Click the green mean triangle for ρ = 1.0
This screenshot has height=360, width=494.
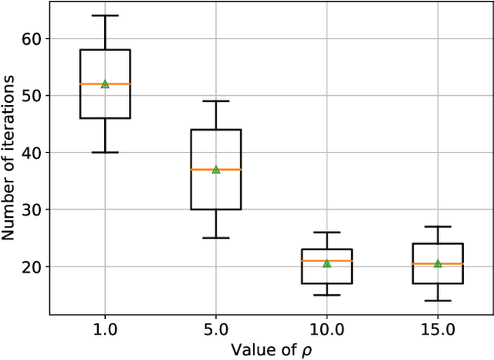tap(105, 83)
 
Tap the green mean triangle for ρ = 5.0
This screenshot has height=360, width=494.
tap(216, 169)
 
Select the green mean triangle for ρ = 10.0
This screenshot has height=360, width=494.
tap(327, 263)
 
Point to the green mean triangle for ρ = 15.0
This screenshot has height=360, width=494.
tap(438, 263)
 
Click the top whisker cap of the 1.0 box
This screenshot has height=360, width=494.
tap(105, 15)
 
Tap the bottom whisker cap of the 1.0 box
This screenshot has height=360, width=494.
tap(105, 152)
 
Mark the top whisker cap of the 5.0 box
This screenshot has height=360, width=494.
tap(216, 101)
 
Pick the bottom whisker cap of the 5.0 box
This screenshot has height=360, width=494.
tap(216, 238)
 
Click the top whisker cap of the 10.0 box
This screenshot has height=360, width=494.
tap(327, 233)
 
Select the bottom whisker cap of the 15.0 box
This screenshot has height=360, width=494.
tap(438, 301)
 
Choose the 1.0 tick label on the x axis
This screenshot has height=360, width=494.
tap(105, 329)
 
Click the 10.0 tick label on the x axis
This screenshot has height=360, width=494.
tap(327, 329)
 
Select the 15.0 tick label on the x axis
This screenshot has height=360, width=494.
tap(438, 329)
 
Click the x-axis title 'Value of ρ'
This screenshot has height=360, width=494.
tap(271, 348)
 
